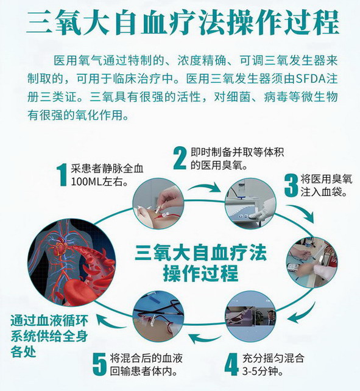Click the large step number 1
62,175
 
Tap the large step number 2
180,158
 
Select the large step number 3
291,185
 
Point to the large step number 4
231,364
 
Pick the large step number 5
100,365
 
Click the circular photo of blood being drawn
158,203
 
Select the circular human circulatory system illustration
72,262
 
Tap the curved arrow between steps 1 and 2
204,187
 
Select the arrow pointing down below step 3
301,213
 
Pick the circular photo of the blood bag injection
312,262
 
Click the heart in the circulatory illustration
62,248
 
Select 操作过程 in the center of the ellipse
201,273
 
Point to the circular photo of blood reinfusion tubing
158,316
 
